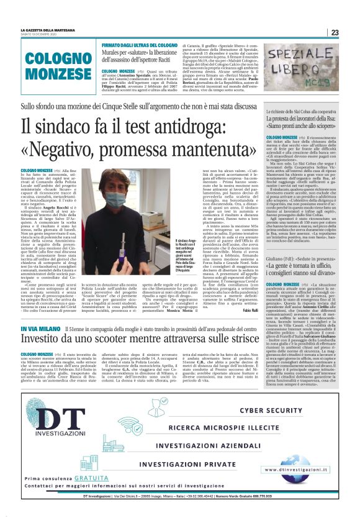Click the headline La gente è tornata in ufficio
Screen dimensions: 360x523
click(x=307, y=269)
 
